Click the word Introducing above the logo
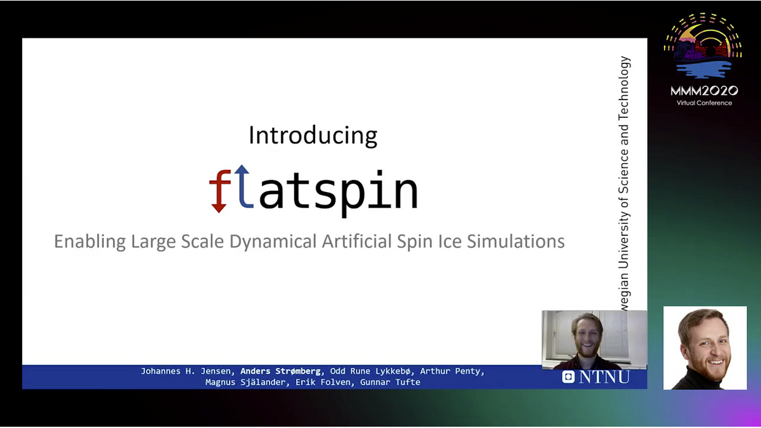coord(313,135)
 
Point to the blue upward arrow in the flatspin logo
coord(244,186)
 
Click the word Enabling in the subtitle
coord(89,242)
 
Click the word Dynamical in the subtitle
coord(273,242)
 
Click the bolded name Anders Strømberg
coord(280,371)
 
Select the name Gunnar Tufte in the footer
coord(390,382)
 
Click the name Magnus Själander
coord(245,382)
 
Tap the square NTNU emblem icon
coord(568,377)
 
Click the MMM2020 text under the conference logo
coord(705,91)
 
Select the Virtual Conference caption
coord(705,103)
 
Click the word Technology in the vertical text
coord(624,88)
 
